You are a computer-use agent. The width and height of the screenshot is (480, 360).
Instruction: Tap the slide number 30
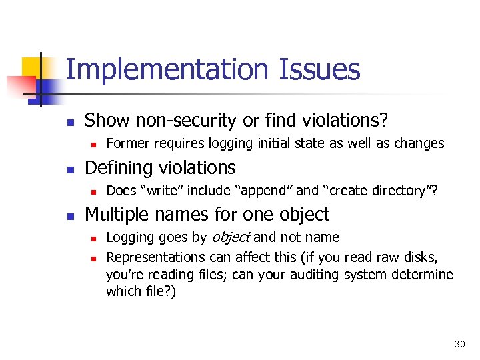click(459, 344)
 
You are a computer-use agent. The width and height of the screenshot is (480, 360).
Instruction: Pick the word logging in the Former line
click(229, 143)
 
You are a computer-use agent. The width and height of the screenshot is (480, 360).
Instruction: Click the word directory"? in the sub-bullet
click(406, 191)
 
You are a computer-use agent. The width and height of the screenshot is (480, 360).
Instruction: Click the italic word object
click(231, 237)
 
